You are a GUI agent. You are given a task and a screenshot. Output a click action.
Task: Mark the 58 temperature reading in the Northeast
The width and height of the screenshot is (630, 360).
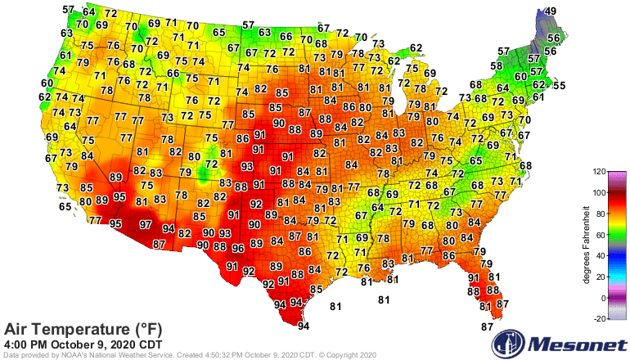click(x=497, y=65)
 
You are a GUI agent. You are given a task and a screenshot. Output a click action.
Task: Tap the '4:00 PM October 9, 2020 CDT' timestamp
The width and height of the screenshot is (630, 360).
click(x=94, y=344)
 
